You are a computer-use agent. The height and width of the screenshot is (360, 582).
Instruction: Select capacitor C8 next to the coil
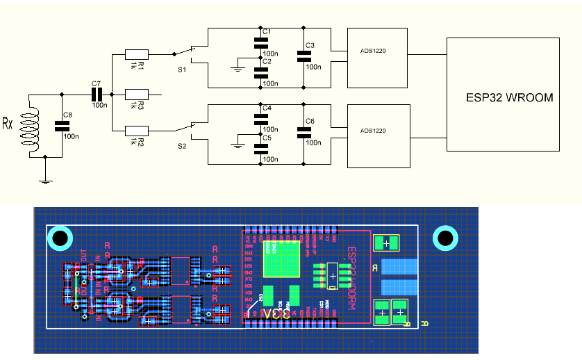pyautogui.click(x=63, y=126)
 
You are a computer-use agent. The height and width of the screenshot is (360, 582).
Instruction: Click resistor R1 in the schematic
pyautogui.click(x=137, y=54)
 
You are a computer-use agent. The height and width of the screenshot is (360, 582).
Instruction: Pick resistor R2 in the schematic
pyautogui.click(x=137, y=130)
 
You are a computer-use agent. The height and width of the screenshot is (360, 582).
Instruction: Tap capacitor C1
pyautogui.click(x=261, y=43)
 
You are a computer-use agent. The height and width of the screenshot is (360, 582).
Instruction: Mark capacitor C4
pyautogui.click(x=261, y=119)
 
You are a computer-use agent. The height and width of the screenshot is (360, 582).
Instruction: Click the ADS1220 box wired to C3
pyautogui.click(x=376, y=58)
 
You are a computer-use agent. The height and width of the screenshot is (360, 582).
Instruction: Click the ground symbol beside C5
pyautogui.click(x=238, y=145)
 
